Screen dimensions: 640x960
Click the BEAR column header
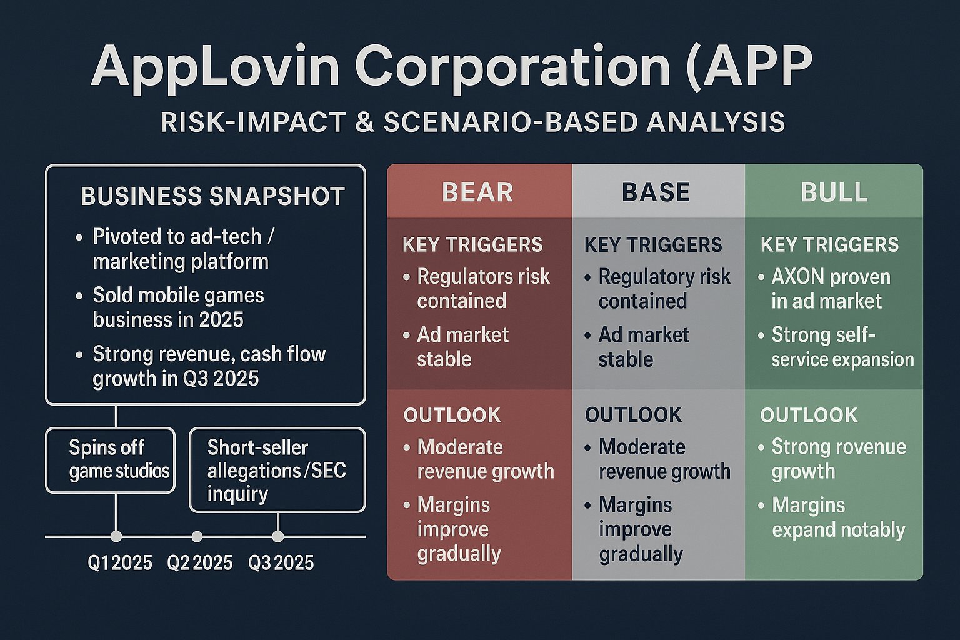[477, 192]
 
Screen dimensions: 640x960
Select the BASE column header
[656, 192]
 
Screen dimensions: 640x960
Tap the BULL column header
[834, 192]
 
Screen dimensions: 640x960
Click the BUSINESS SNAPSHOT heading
[212, 196]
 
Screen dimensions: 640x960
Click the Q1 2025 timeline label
[120, 563]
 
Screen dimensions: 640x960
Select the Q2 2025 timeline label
[200, 563]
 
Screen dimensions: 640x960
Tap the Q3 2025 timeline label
[281, 563]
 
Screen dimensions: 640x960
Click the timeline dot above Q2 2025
[197, 536]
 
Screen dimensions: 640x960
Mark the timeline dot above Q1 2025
[116, 536]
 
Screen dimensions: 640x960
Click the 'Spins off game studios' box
[111, 460]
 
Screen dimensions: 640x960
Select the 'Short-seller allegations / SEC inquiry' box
[277, 470]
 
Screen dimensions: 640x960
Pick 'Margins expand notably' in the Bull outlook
[838, 517]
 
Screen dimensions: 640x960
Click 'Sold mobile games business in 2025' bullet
[178, 307]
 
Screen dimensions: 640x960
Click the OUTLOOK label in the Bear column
[452, 415]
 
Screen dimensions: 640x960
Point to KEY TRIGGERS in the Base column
[653, 245]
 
